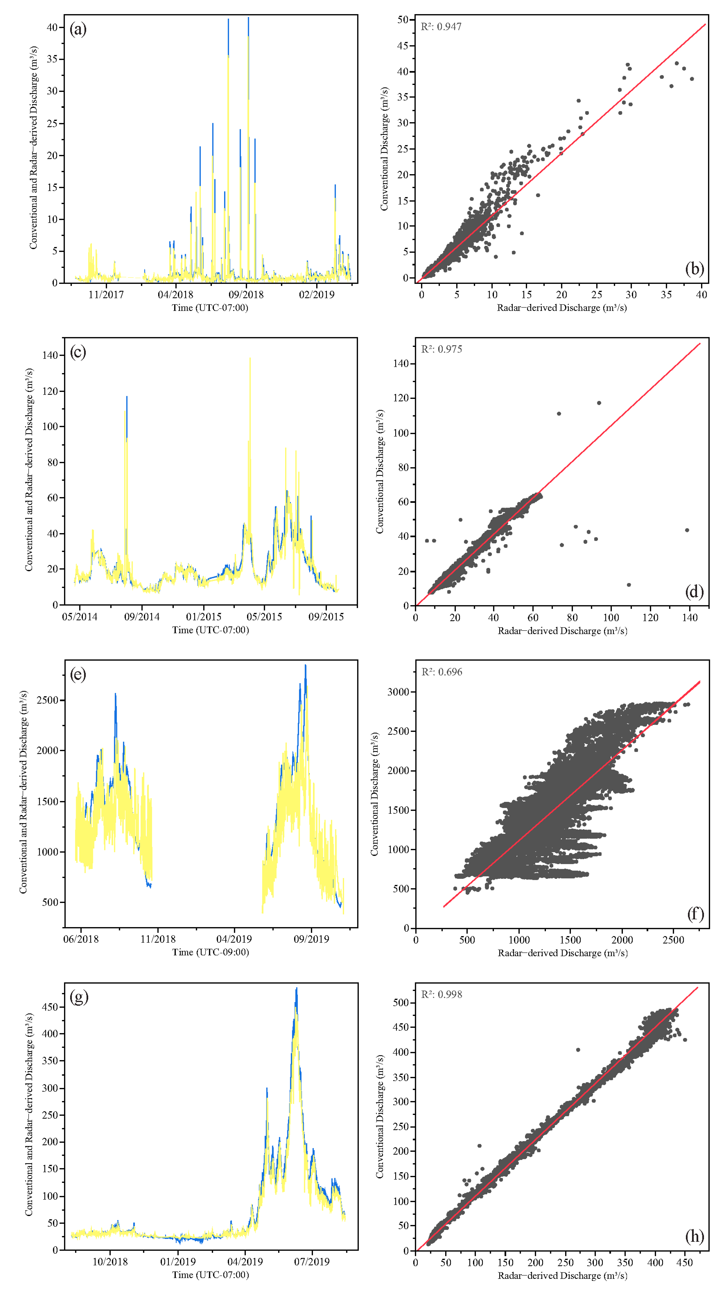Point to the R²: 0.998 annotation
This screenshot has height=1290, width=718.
coord(441,994)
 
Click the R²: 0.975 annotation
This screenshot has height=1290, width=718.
coord(441,349)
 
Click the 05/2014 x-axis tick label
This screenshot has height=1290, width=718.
coord(80,616)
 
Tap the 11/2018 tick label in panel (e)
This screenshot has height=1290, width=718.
coord(158,939)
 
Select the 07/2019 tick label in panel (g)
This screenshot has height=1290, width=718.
coord(312,1261)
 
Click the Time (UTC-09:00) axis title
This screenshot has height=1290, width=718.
coord(210,952)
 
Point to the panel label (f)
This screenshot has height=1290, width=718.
coord(695,914)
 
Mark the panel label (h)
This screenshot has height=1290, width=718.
coord(694,1236)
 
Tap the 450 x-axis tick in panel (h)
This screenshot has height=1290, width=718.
coord(684,1262)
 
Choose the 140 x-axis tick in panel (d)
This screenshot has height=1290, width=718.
coord(689,618)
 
